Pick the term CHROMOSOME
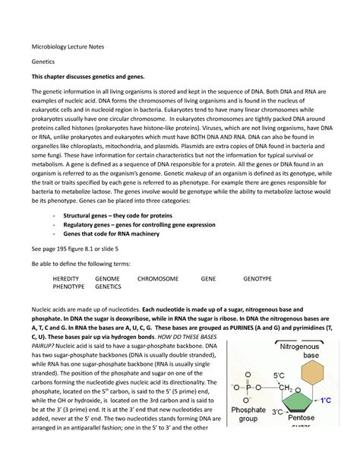tap(158, 279)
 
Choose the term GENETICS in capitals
tap(108, 287)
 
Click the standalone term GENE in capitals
tap(208, 279)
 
